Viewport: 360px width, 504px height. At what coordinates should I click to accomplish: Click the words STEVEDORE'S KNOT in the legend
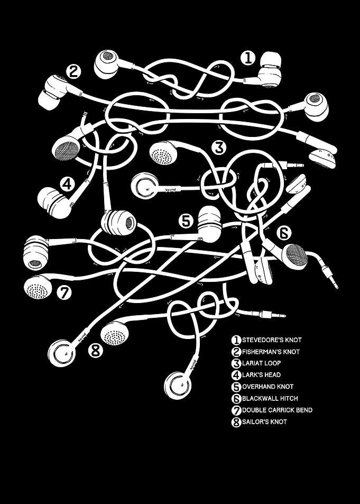(x=272, y=340)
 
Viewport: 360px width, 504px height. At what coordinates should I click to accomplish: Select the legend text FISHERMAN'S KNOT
(x=271, y=352)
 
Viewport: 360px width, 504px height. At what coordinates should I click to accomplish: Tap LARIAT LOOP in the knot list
(x=262, y=363)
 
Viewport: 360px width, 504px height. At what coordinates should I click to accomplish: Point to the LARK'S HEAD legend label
(x=261, y=375)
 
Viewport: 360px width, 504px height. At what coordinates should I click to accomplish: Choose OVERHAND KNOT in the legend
(x=267, y=387)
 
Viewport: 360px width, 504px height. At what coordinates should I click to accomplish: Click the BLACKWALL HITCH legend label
(x=270, y=398)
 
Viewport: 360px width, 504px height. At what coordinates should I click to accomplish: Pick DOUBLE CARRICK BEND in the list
(x=278, y=410)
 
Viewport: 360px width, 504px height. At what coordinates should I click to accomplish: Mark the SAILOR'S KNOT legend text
(x=264, y=421)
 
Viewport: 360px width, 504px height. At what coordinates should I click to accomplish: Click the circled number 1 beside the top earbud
(x=248, y=58)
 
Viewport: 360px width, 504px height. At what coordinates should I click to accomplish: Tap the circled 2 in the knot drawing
(x=73, y=71)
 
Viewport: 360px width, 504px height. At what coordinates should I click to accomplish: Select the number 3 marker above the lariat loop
(x=219, y=148)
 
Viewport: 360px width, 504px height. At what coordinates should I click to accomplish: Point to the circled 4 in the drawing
(x=68, y=185)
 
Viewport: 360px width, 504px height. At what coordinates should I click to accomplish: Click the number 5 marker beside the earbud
(x=186, y=222)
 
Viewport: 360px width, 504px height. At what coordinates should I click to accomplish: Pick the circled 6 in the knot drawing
(x=284, y=233)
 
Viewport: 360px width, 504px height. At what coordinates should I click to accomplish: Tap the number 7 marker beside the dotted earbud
(x=64, y=292)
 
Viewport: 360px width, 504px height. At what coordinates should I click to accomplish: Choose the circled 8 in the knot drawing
(x=96, y=350)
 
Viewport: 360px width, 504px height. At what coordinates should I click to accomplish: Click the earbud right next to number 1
(x=270, y=69)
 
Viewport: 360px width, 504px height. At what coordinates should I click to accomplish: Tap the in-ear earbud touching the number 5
(x=209, y=224)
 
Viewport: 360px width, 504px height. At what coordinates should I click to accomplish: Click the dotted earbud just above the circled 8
(x=115, y=333)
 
